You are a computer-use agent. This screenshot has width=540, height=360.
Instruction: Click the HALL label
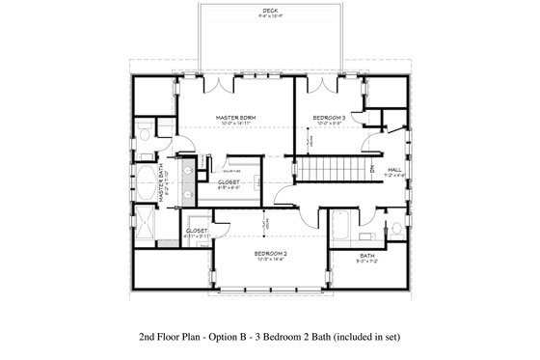(x=394, y=168)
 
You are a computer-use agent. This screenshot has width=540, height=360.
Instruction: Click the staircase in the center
(x=327, y=170)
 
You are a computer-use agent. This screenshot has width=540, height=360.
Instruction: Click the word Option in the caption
(x=223, y=337)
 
